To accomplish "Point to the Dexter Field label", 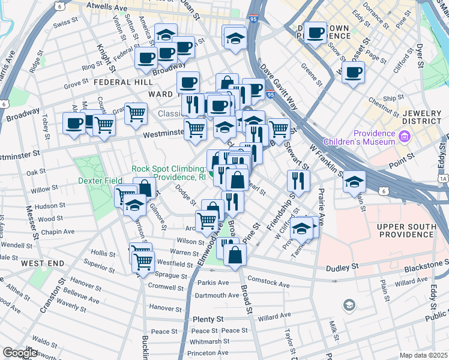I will coord(100,179).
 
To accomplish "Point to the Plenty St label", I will coord(208,319).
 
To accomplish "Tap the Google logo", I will coord(20,353).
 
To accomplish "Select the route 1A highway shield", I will coord(444,179).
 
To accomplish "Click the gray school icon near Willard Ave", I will coord(349,307).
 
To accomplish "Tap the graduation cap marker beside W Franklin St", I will coord(355,181).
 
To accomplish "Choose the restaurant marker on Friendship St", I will coord(298,180).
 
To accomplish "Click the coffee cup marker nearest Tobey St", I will coord(74,124).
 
